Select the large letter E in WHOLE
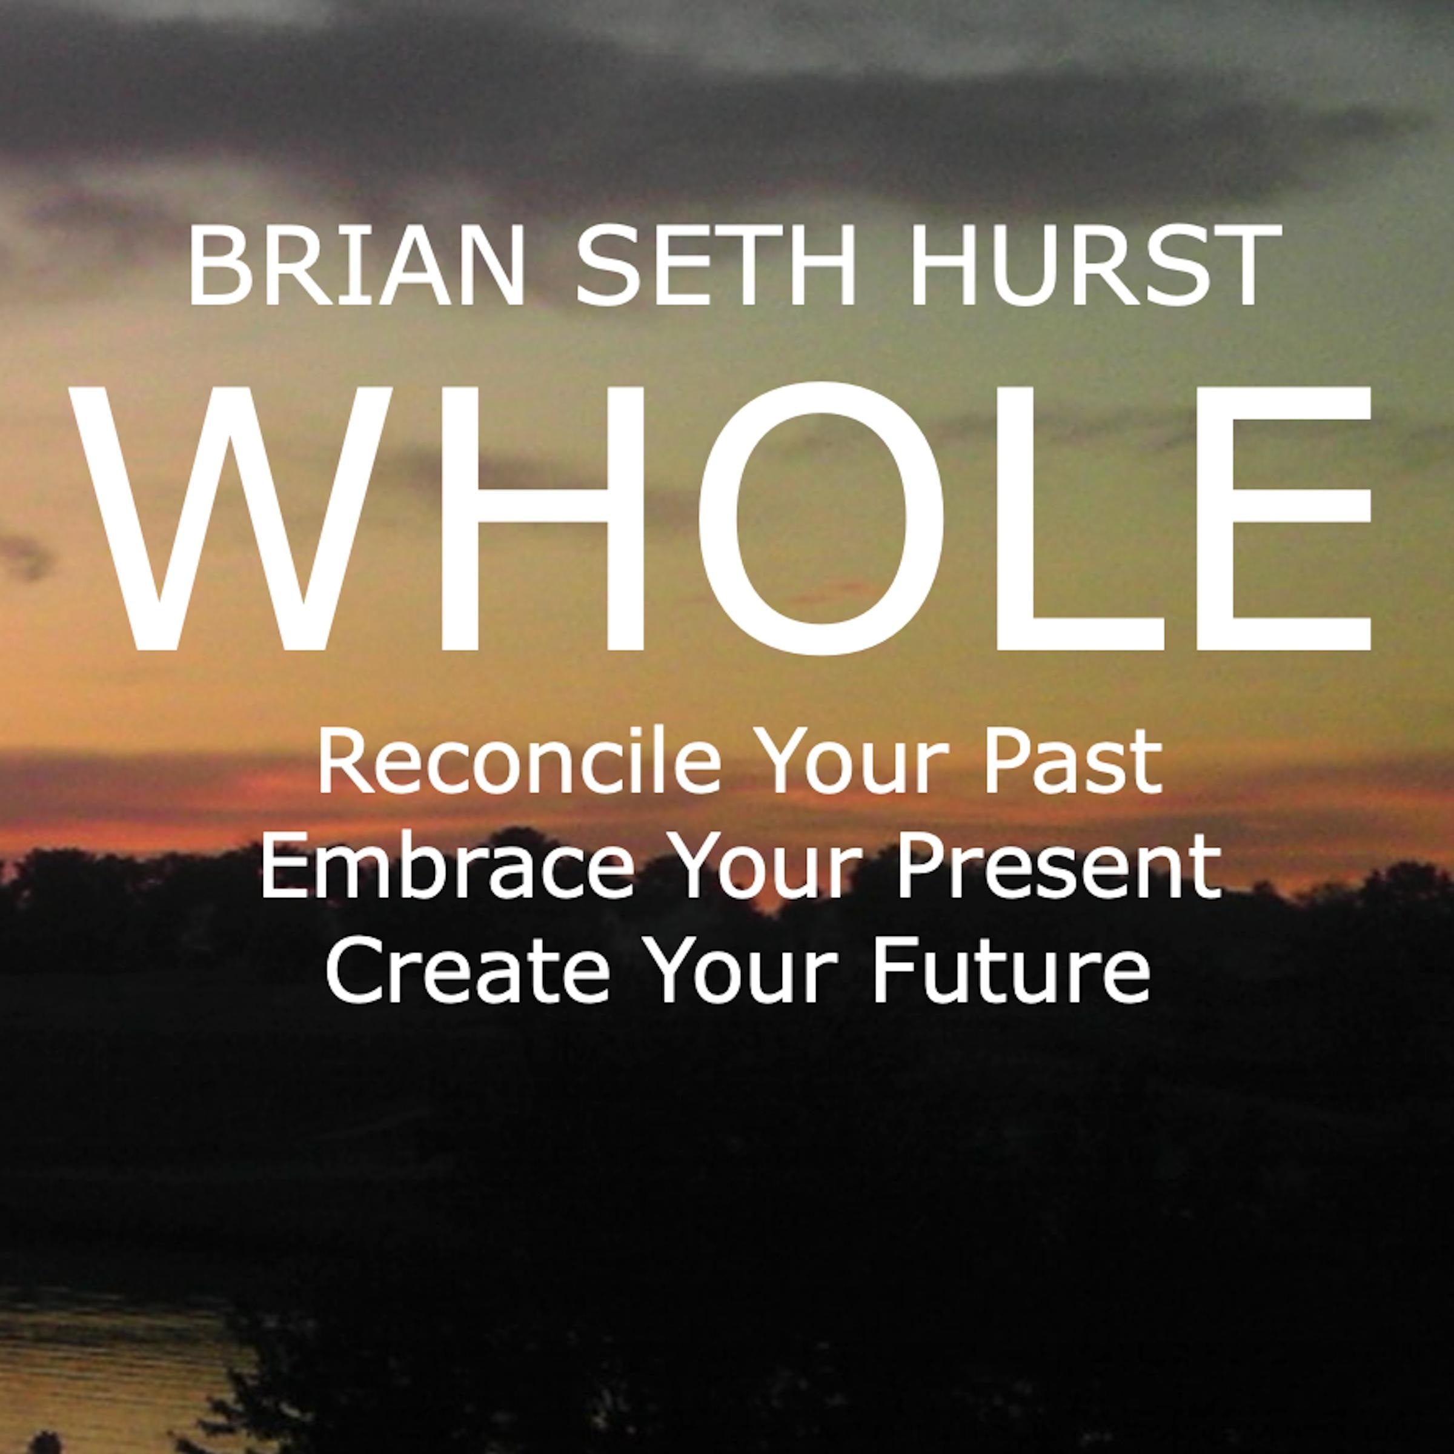(x=1280, y=519)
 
